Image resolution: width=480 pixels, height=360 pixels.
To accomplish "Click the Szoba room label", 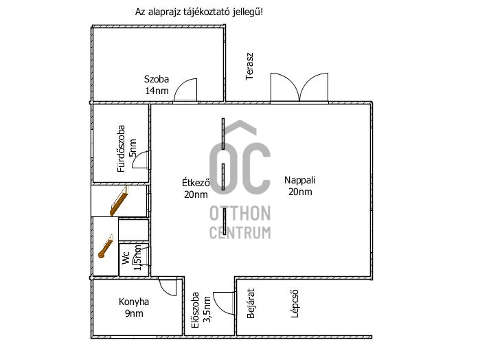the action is coord(157,79).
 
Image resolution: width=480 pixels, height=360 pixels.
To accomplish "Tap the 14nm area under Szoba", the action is coord(157,91).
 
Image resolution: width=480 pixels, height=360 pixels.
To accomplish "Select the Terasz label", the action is coord(250,67).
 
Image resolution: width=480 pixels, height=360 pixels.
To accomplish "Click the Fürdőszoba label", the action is coord(122,148).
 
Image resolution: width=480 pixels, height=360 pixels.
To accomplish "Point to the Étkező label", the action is coord(196,183).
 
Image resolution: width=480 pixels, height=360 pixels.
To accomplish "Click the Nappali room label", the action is coord(299,180).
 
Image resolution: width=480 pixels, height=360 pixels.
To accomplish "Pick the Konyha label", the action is coord(134,302).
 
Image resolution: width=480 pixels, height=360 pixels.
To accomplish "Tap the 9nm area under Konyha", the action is coord(134,313).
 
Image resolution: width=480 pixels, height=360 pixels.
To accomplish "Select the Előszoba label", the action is coord(195,310).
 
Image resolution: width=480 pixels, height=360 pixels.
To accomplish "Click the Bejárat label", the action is coord(251,303).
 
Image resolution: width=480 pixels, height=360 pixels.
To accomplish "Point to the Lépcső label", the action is coord(295,304).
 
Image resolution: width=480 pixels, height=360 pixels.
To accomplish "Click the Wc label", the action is coord(126,258).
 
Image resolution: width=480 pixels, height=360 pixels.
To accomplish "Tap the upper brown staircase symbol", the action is coord(119,201).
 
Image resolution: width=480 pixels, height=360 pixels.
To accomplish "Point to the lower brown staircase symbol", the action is coord(106,247).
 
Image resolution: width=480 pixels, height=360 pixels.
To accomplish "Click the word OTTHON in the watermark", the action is coord(240,213).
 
